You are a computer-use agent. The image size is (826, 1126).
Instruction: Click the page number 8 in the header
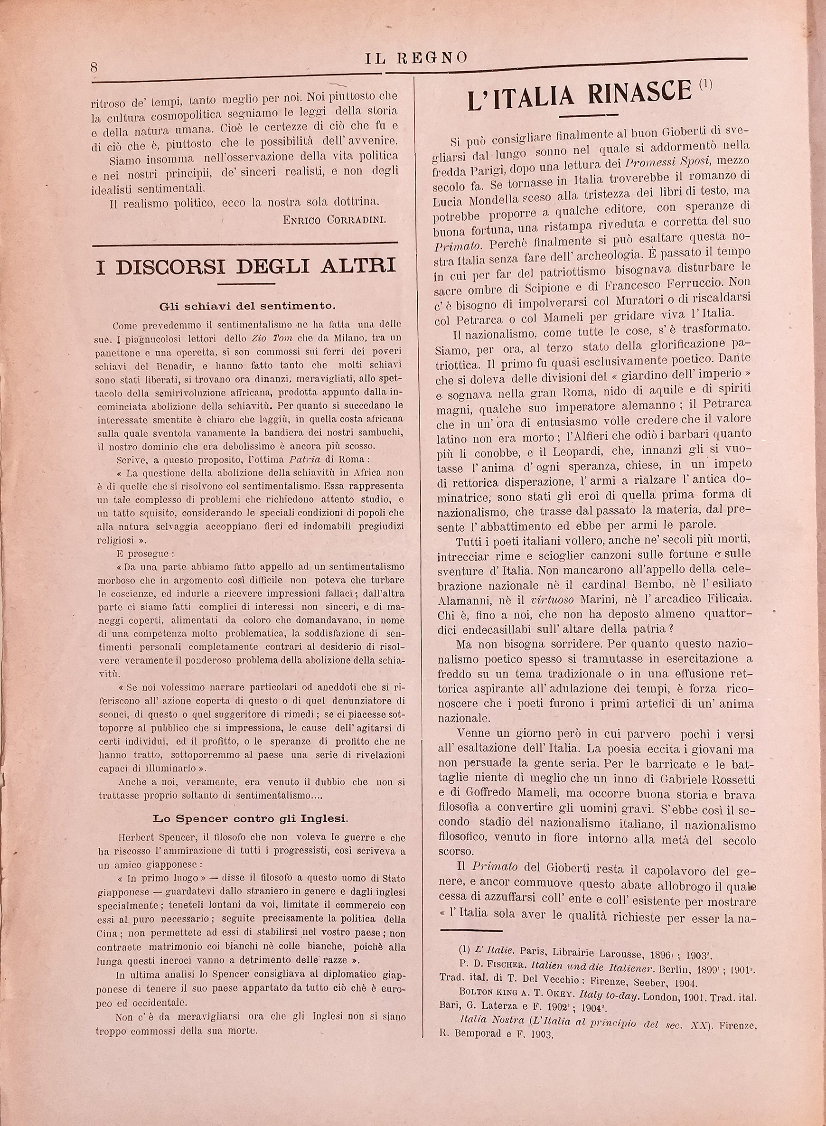[x=94, y=67]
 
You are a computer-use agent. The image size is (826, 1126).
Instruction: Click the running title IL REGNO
[x=416, y=58]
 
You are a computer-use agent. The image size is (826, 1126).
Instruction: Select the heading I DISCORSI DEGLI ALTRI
[x=246, y=266]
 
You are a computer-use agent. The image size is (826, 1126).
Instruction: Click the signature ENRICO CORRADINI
[x=334, y=220]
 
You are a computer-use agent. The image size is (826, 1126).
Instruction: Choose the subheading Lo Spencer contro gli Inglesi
[x=250, y=818]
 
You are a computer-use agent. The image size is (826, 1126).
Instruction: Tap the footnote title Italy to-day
[x=610, y=995]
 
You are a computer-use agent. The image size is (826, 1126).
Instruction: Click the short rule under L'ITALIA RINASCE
[x=582, y=116]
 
